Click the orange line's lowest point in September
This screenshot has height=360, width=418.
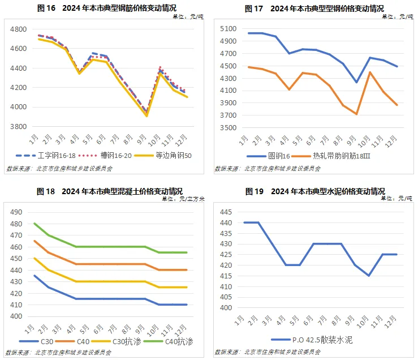pos(357,114)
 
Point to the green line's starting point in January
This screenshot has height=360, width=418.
pos(35,223)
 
